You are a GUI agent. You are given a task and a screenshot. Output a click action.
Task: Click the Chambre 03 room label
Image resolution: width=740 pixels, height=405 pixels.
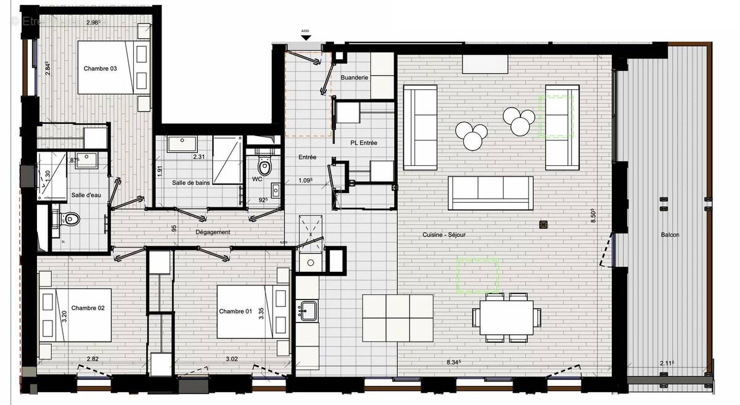(100, 68)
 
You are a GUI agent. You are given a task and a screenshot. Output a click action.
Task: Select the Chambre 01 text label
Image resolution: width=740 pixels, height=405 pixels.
(236, 311)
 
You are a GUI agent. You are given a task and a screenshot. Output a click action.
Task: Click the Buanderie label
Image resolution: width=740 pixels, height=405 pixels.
(355, 78)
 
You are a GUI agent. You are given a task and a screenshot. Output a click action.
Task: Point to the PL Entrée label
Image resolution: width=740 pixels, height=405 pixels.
(363, 143)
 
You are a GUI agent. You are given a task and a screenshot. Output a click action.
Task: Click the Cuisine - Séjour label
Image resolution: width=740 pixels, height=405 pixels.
(445, 235)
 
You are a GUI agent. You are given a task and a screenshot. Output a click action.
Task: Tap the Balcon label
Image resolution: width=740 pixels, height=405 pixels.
(670, 235)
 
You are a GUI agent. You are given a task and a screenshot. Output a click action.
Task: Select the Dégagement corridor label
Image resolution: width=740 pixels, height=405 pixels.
(213, 232)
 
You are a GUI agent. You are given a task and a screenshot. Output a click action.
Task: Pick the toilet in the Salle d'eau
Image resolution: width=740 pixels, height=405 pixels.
(70, 218)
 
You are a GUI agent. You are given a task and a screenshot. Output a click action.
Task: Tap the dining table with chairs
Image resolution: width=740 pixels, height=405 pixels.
(506, 317)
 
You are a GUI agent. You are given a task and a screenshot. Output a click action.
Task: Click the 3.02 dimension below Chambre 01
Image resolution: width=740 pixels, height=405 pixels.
(232, 359)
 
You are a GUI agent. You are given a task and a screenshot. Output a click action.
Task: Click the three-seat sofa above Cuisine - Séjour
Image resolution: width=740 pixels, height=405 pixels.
(490, 192)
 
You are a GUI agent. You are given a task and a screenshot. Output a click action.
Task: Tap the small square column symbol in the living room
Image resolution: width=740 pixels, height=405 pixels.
(543, 224)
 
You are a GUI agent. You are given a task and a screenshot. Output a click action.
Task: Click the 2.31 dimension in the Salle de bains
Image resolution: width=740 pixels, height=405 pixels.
(199, 157)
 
